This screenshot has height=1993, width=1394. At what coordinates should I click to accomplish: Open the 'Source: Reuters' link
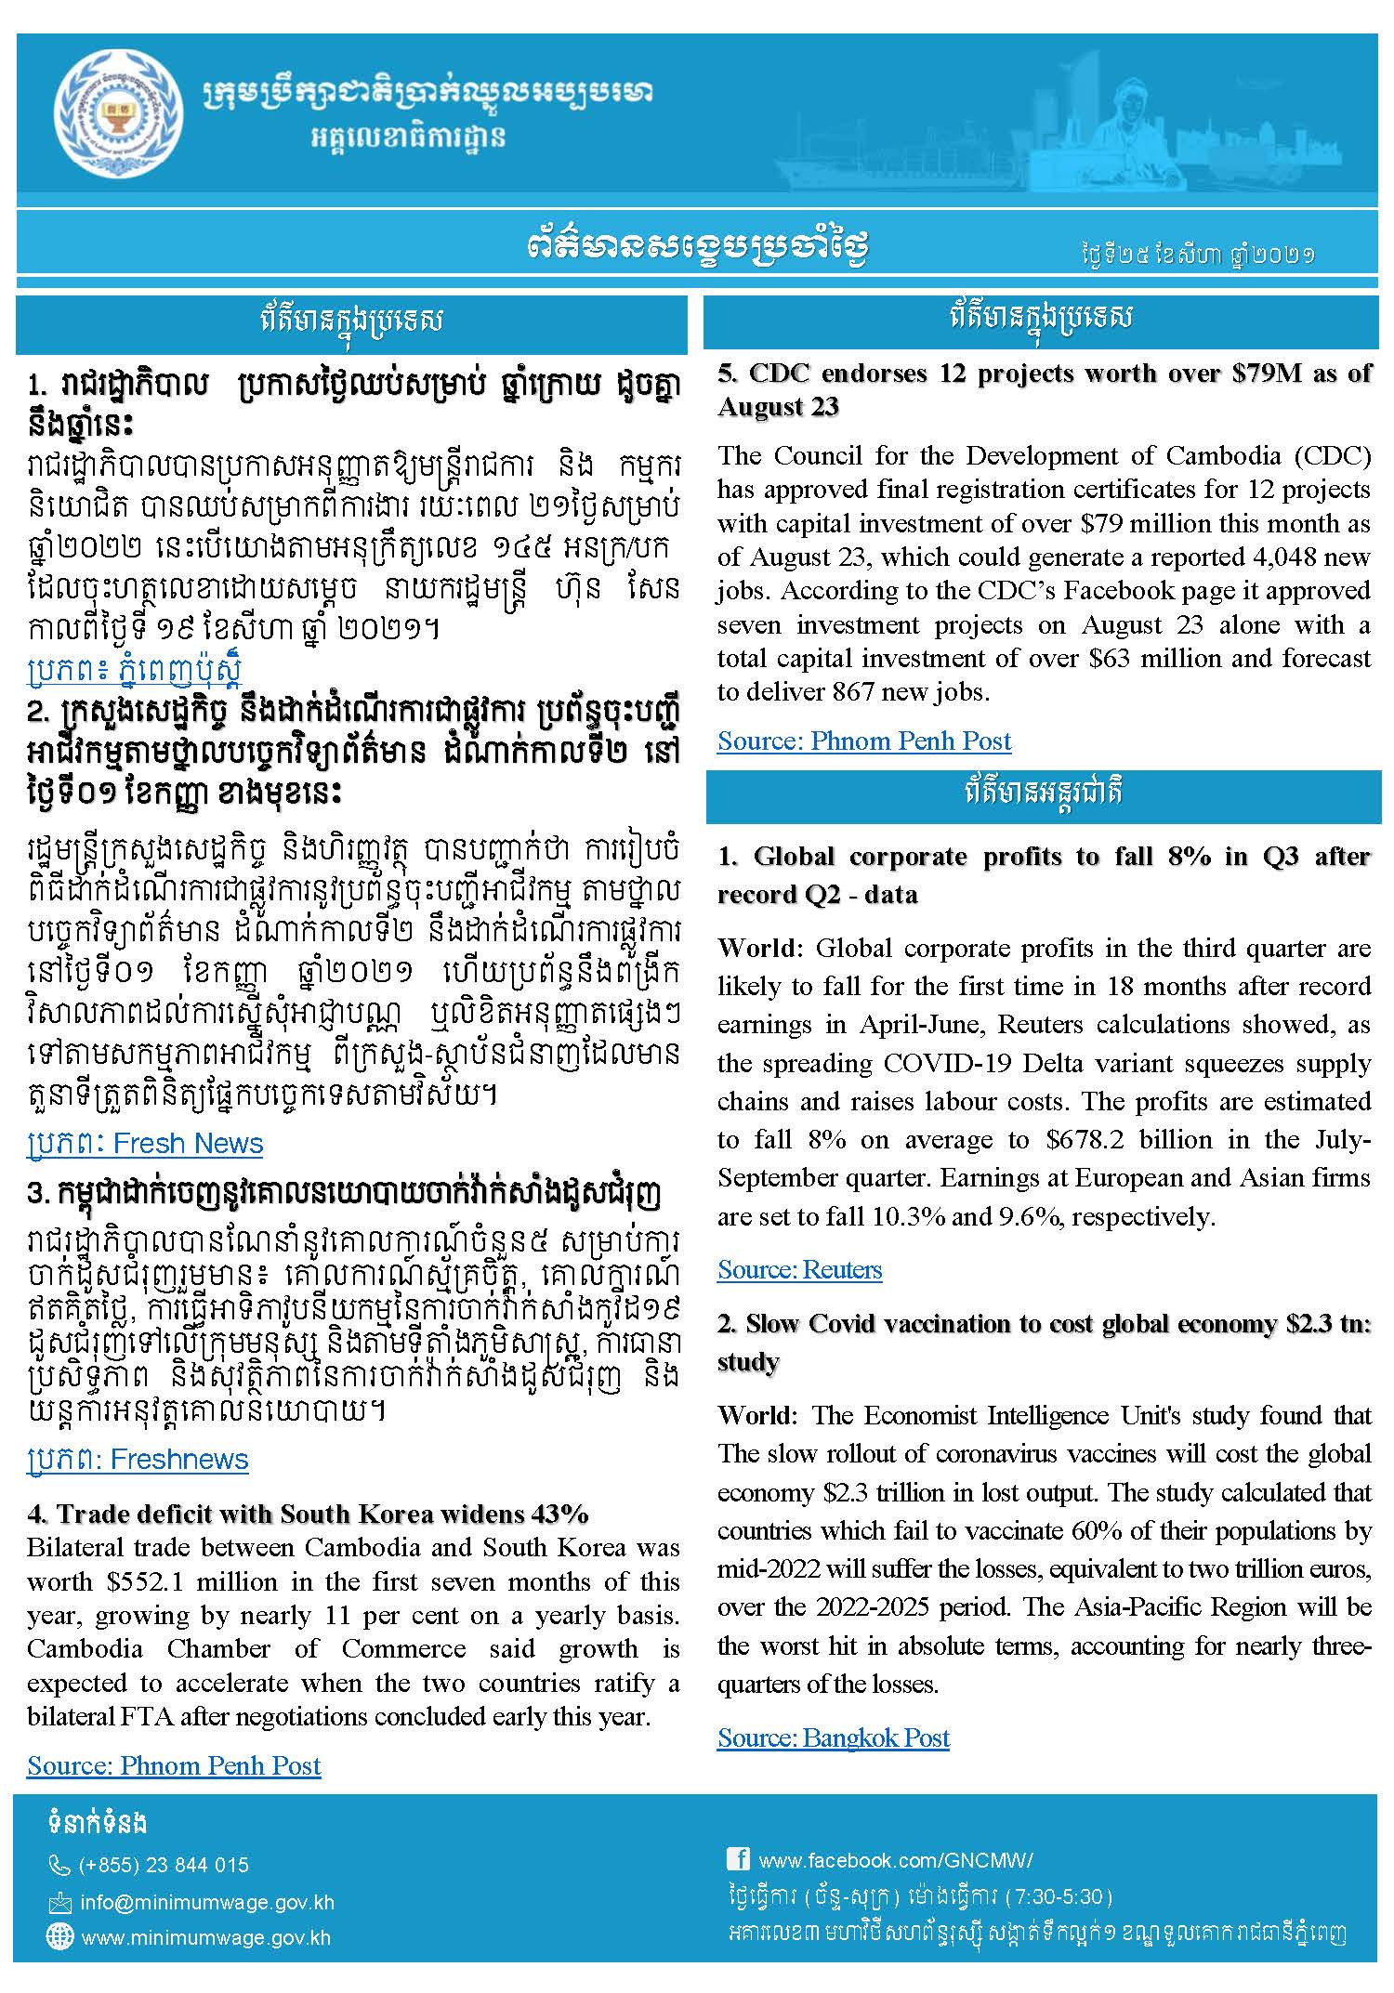tap(799, 1269)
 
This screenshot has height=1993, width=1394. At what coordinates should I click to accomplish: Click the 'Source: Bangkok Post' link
tap(833, 1737)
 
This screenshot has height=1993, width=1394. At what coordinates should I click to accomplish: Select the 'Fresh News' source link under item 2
tap(145, 1143)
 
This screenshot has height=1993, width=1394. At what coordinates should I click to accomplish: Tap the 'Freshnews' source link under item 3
tap(138, 1459)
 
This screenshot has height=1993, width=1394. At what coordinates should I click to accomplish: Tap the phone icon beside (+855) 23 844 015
tap(59, 1865)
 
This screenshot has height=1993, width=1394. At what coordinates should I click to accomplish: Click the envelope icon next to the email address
tap(59, 1902)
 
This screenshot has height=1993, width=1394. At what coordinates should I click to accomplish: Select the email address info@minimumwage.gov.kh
tap(206, 1902)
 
